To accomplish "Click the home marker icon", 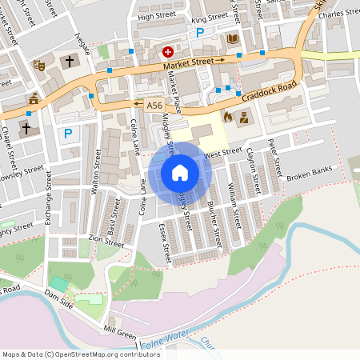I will click(180, 172).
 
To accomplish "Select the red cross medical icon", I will click(168, 51).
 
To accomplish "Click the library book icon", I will click(233, 38).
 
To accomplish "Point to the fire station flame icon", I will click(227, 117).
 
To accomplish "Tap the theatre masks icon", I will click(38, 63).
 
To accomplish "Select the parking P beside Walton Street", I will click(68, 134).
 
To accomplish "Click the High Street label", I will click(156, 16).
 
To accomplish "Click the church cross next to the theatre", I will click(69, 62).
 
